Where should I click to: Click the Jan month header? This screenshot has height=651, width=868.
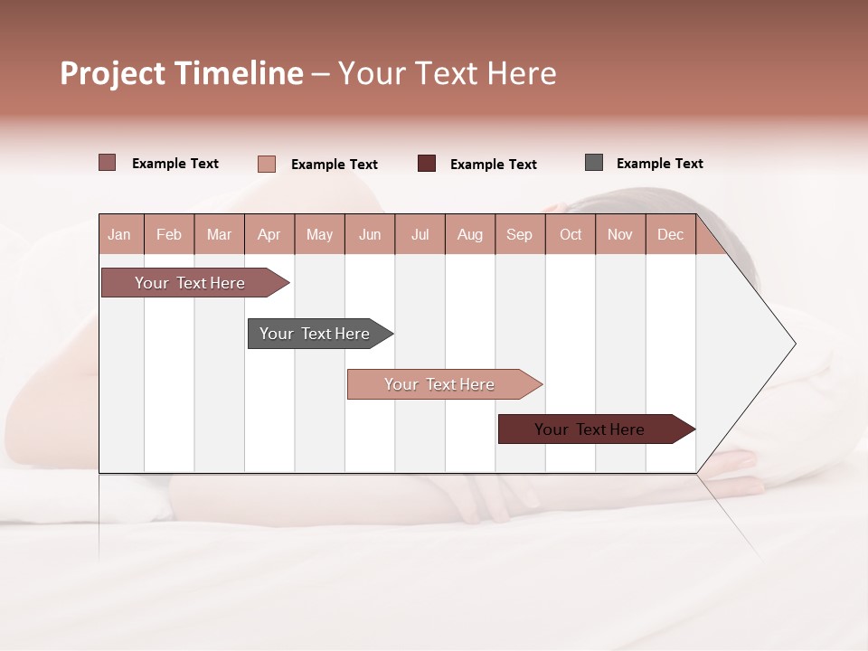[x=119, y=234]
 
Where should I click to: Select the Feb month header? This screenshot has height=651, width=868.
[x=169, y=234]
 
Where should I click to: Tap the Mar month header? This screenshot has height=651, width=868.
[x=219, y=234]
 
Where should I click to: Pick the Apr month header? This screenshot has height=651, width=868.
[x=269, y=234]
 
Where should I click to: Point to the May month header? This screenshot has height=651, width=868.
[x=319, y=234]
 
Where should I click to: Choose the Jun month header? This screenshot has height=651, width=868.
[x=370, y=234]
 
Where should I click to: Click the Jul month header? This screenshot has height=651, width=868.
[x=420, y=234]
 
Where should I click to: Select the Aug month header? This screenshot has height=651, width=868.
[x=469, y=234]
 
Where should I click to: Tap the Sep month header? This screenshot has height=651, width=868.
[x=519, y=234]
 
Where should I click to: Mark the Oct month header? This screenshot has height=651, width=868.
[x=571, y=234]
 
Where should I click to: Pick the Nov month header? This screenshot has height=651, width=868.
[x=620, y=234]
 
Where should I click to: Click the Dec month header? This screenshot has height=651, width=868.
[x=670, y=234]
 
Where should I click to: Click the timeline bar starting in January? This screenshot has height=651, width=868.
[x=190, y=283]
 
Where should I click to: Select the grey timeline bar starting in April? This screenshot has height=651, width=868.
[x=315, y=334]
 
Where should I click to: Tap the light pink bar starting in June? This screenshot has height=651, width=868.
[x=439, y=384]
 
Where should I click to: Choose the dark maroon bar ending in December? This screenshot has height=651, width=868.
[x=590, y=429]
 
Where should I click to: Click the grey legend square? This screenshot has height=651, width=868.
[x=594, y=163]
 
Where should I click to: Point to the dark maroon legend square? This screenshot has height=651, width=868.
[x=427, y=163]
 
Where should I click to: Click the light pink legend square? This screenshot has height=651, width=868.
[x=267, y=164]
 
